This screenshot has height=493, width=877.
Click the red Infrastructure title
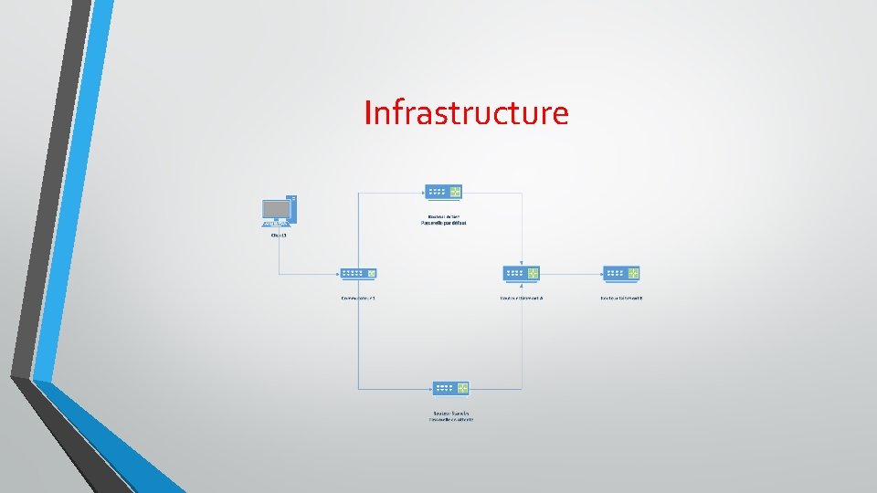[466, 113]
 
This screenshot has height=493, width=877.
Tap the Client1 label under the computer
[279, 236]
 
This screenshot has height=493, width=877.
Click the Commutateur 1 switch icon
[358, 273]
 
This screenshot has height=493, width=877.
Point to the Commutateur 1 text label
[358, 298]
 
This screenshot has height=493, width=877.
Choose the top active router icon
[443, 192]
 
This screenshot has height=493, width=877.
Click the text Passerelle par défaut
[443, 223]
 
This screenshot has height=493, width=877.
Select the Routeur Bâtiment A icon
[521, 273]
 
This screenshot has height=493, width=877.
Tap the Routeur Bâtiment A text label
[522, 298]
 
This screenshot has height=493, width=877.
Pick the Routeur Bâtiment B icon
[621, 273]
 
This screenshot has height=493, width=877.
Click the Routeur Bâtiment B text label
[621, 298]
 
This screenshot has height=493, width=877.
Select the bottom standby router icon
[450, 388]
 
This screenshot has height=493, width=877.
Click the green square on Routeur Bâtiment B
[632, 273]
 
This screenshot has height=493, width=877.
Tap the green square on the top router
[454, 192]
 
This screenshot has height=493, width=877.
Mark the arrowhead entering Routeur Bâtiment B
[599, 273]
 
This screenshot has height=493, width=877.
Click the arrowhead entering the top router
[421, 192]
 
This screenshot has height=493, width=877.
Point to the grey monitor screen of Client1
[276, 209]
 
